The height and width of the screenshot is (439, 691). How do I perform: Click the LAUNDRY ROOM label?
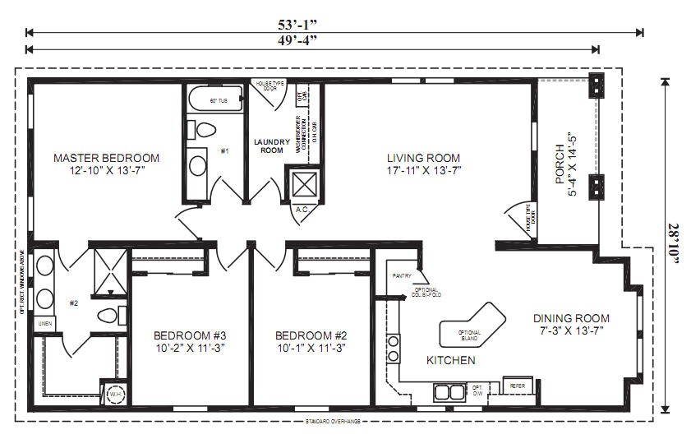click(x=271, y=146)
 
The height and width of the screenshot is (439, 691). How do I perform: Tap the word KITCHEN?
click(x=450, y=361)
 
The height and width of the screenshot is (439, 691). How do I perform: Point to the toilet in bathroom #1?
click(x=202, y=130)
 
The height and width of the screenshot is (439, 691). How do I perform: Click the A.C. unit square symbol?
click(x=302, y=183)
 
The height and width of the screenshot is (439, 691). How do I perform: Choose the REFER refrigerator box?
click(x=518, y=386)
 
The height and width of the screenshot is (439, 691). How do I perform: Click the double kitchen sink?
click(x=449, y=391)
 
